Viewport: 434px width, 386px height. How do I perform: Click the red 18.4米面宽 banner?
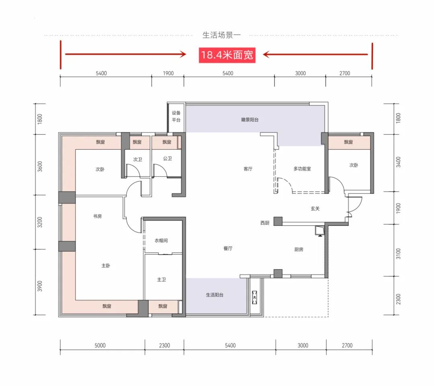pos(227,55)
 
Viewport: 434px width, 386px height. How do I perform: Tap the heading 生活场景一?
pos(221,35)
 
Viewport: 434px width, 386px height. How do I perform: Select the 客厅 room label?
pos(248,169)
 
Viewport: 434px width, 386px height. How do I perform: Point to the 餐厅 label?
pos(228,248)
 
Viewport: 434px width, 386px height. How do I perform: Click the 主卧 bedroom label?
pos(106,266)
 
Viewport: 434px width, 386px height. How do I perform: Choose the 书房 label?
pos(97,216)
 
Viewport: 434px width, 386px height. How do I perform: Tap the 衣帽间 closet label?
pos(161,241)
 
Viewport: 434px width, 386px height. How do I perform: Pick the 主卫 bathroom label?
pos(162,280)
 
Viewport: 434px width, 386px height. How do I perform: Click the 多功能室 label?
pos(302,169)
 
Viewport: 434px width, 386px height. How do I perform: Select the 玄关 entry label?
pos(315,209)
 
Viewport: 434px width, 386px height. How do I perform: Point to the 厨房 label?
pos(299,250)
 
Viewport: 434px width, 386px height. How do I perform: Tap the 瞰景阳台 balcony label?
pos(250,120)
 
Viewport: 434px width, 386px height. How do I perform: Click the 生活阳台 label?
pos(215,295)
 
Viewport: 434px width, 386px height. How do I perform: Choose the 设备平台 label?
pos(176,116)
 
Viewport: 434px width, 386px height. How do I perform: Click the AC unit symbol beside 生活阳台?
pos(254,297)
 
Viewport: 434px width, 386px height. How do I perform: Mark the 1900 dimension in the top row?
pos(168,73)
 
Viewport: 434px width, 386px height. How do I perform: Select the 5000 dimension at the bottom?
pos(100,345)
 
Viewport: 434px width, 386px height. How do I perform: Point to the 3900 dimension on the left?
pos(40,286)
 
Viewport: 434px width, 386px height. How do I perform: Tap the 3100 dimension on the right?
pos(398,254)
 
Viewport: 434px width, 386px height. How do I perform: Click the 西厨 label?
pos(265,223)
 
